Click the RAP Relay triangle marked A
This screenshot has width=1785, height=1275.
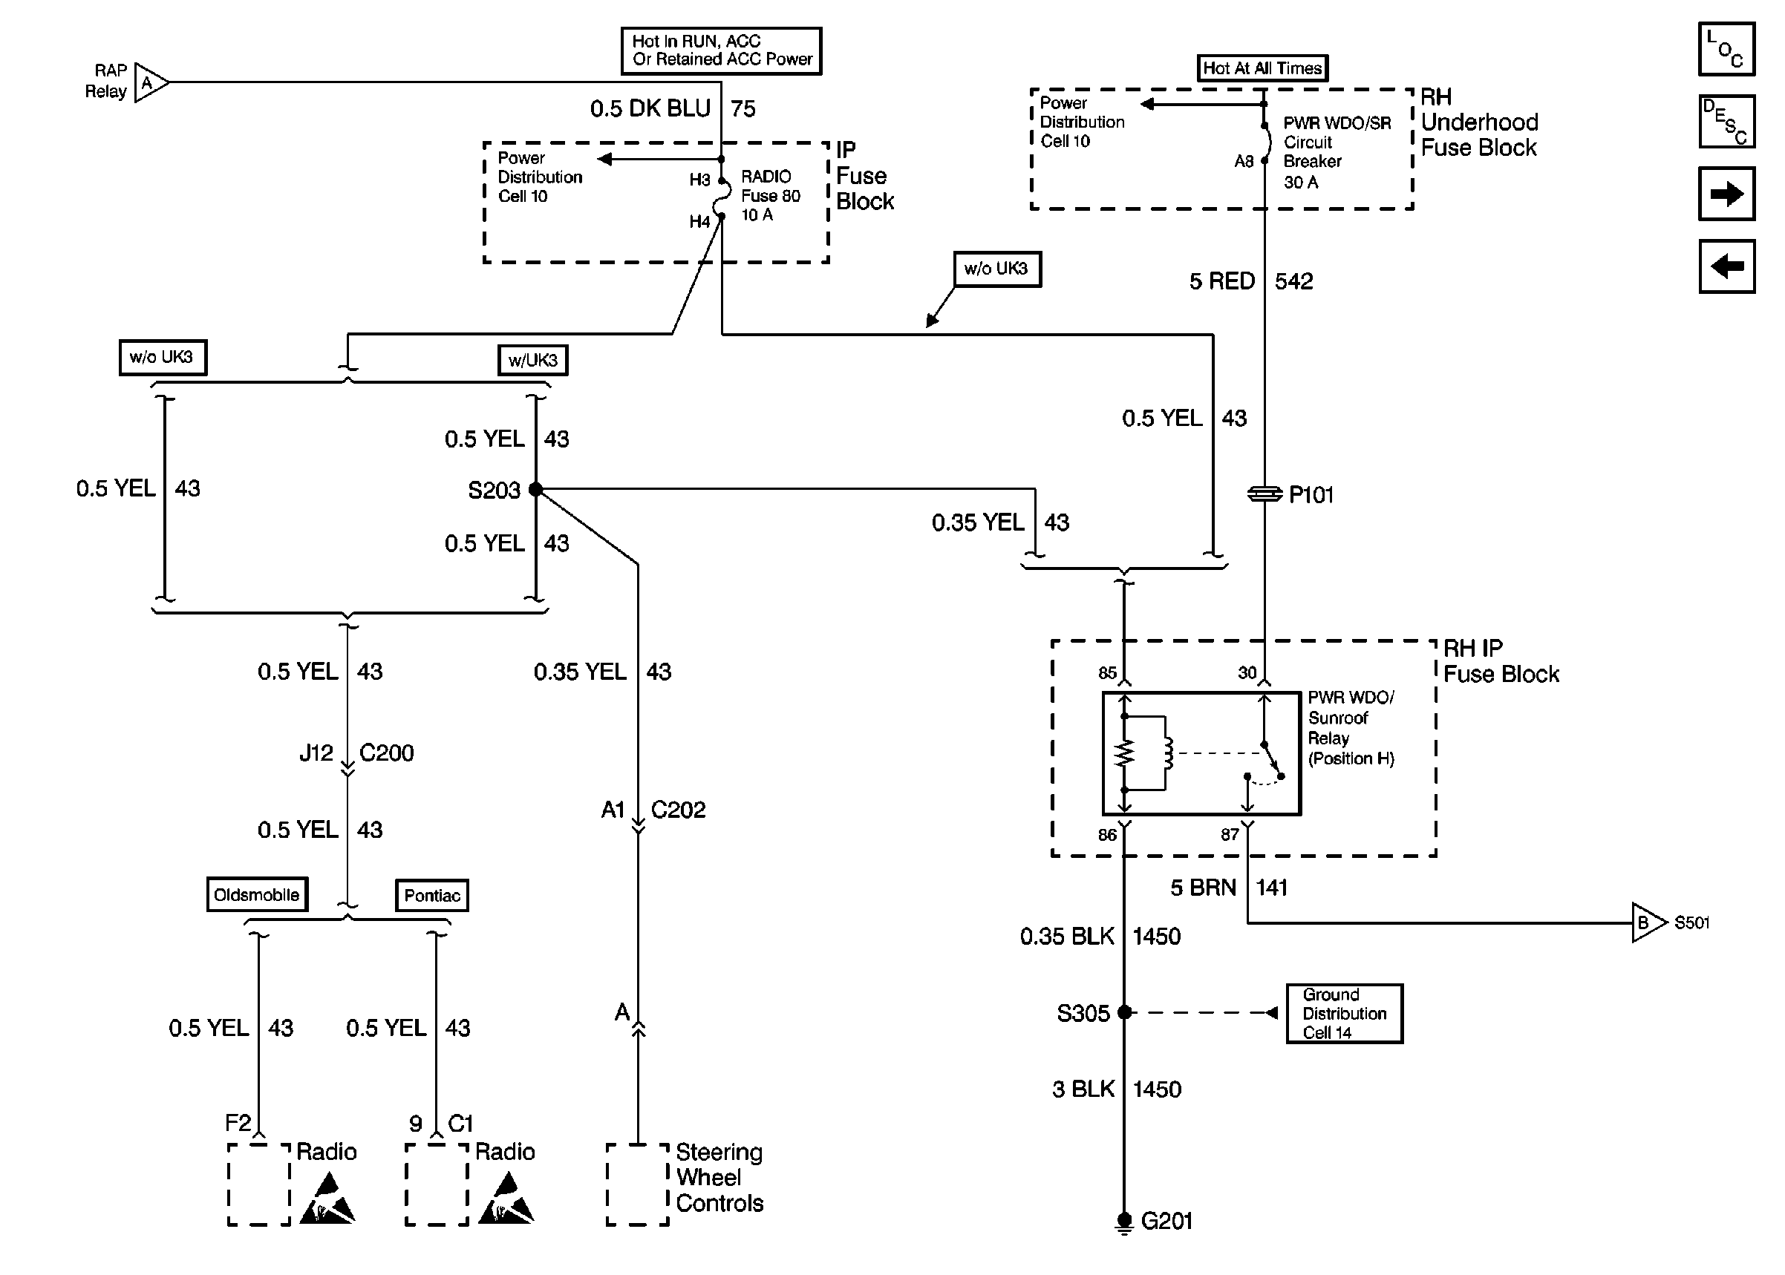150,82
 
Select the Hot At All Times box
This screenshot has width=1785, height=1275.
1262,68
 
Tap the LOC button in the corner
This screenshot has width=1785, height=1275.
1726,49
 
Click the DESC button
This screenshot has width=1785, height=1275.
1726,122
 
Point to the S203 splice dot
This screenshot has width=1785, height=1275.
535,489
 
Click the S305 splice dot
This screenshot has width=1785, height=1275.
1125,1012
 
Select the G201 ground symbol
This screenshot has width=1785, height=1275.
1125,1222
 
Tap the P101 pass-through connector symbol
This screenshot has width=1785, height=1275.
1264,494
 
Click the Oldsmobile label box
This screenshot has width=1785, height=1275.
257,894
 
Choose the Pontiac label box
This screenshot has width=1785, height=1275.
432,895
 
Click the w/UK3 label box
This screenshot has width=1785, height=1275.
532,360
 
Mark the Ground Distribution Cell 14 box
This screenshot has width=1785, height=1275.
1344,1013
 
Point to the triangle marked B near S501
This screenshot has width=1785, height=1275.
1647,922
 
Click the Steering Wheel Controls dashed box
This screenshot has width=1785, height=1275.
638,1184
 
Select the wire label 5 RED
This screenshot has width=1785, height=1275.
1221,281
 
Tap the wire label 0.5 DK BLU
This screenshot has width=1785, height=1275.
650,108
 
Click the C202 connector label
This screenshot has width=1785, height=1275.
678,810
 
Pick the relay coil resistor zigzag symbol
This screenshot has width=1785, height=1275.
1125,755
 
